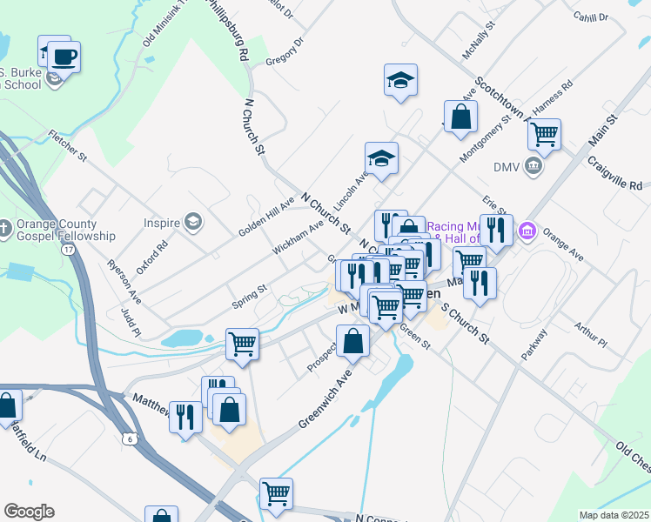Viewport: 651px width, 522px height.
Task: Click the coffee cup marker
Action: pos(64,58)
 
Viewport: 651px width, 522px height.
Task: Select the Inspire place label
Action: pos(162,223)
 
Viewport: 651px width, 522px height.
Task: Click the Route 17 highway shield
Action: pos(68,250)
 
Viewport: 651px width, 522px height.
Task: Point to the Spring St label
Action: pos(249,298)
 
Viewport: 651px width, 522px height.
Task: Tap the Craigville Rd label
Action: pos(614,173)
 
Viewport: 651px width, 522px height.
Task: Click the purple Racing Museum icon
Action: pos(526,231)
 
